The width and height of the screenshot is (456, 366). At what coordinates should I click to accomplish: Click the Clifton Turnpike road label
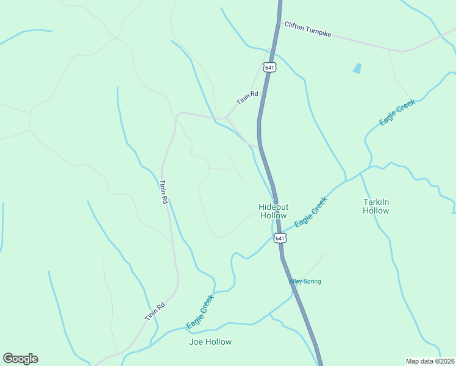(307, 29)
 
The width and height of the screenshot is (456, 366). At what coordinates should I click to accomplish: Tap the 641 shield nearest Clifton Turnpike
(270, 66)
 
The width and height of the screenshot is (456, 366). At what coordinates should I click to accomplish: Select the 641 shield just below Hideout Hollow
(279, 238)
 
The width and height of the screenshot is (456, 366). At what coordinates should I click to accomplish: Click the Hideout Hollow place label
(273, 211)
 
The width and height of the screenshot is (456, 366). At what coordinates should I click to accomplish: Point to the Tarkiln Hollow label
(376, 206)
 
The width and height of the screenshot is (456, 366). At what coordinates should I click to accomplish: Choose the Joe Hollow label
(210, 342)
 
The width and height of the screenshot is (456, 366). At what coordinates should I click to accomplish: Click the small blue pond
(357, 69)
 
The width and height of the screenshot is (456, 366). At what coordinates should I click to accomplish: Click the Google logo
(20, 358)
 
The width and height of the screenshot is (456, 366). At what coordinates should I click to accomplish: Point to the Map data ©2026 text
(430, 361)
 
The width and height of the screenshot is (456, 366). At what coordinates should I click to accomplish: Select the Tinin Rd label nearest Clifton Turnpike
(248, 98)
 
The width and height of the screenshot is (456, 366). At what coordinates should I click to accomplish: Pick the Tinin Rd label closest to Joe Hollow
(155, 312)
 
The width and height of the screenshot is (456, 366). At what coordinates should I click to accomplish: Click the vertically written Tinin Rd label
(163, 192)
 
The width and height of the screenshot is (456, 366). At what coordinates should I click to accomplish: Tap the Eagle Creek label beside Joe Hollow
(200, 312)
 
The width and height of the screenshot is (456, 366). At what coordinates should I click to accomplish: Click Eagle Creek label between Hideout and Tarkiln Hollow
(311, 213)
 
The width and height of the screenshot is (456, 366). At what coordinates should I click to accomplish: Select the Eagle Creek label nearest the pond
(397, 113)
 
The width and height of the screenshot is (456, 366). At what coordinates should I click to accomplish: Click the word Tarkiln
(376, 202)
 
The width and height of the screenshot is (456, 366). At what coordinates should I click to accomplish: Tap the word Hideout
(273, 207)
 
